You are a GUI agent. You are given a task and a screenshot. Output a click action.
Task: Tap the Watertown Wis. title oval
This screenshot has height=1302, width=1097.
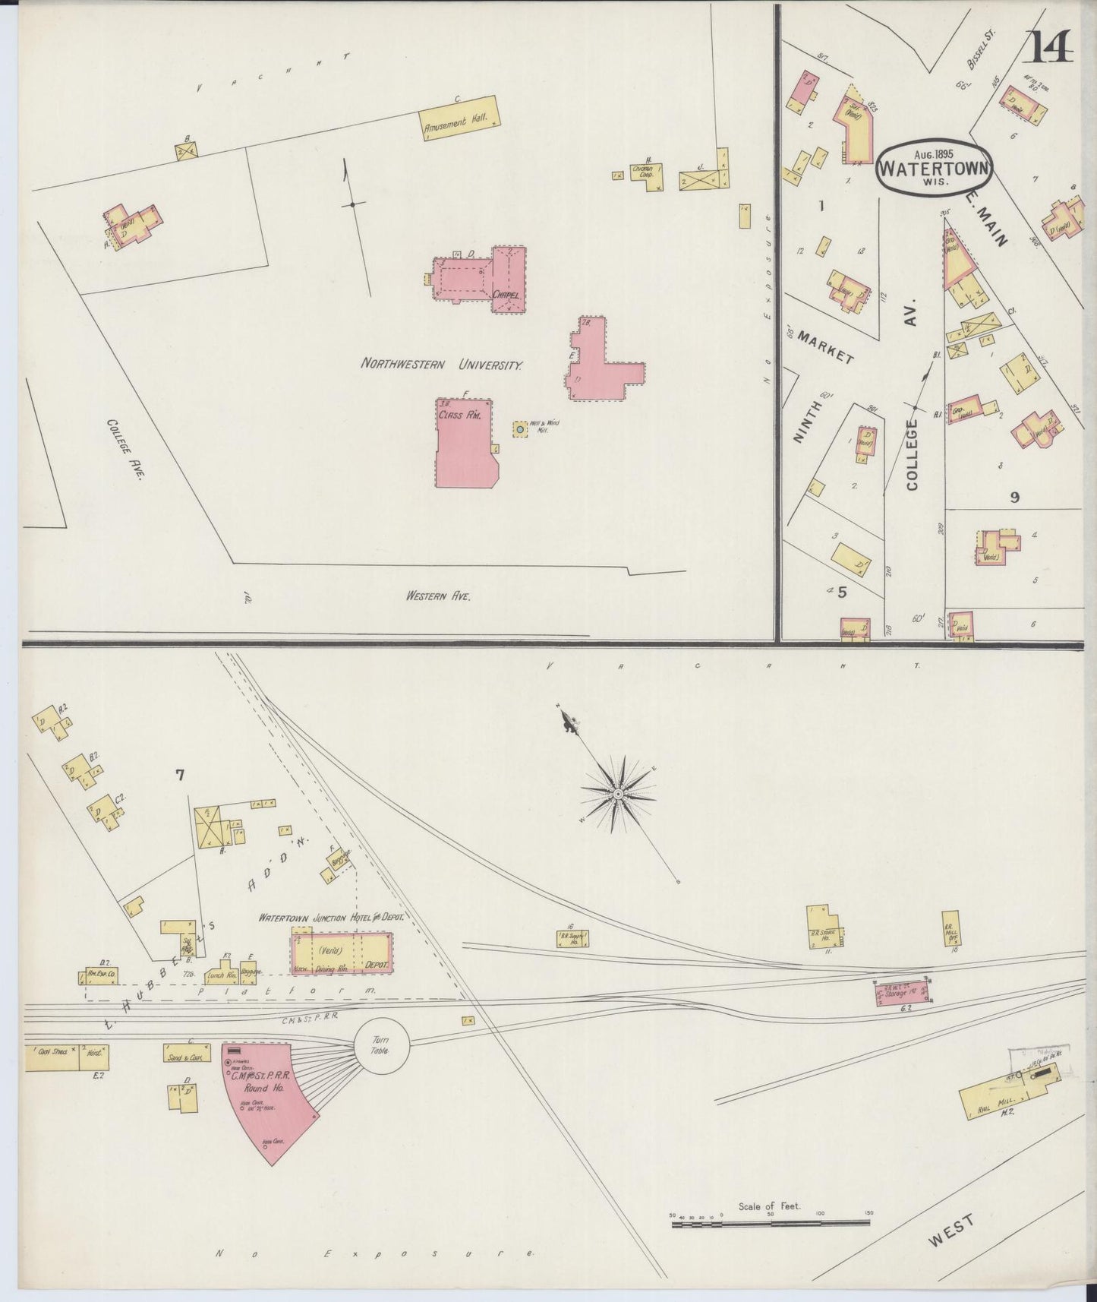[x=935, y=166]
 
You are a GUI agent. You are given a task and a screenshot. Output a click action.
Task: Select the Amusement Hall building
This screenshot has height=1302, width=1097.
[x=460, y=119]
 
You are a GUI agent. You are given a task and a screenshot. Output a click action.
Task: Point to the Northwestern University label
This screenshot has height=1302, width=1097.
[x=441, y=365]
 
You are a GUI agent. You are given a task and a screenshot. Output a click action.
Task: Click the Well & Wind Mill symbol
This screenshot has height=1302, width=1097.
[x=520, y=430]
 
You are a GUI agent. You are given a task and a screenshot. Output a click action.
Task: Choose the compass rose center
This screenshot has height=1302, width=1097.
[x=618, y=794]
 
